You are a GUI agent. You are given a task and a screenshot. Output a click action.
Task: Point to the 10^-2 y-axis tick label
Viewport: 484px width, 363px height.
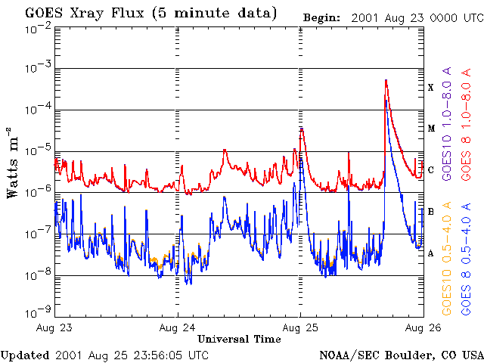pos(37,28)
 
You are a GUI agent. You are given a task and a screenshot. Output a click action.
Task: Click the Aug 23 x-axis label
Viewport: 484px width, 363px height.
pos(54,327)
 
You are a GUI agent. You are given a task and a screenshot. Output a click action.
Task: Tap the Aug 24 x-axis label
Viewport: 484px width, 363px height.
pos(178,327)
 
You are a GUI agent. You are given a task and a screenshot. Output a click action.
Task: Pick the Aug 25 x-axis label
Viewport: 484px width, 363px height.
pos(301,327)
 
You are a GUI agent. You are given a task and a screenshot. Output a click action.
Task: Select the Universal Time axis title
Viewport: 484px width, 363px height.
pos(240,340)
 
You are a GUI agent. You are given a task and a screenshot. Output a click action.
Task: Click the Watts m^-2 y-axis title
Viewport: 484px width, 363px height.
pos(13,162)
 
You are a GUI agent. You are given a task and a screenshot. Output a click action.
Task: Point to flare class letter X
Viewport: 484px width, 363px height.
pos(431,88)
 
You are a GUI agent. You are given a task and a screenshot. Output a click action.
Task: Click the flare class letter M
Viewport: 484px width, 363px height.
pos(431,129)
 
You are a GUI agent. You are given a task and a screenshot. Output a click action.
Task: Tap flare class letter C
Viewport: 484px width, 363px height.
pos(431,170)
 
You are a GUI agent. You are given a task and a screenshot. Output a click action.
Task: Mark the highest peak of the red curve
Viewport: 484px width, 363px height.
pos(386,80)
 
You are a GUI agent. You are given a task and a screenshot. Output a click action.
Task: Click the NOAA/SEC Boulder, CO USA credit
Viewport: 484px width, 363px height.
pos(401,355)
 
